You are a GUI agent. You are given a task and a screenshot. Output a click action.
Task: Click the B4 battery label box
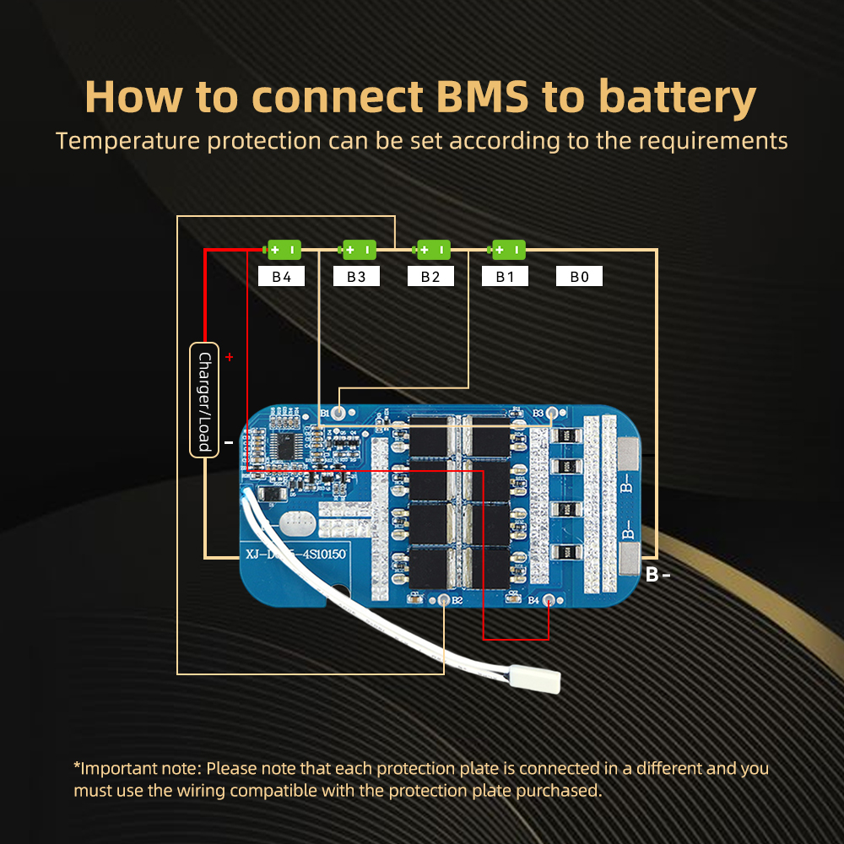[x=281, y=276]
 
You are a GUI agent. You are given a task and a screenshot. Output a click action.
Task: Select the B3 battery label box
[x=356, y=276]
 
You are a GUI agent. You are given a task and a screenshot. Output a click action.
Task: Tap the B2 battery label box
[x=430, y=276]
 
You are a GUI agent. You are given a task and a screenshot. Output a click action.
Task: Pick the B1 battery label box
[x=505, y=276]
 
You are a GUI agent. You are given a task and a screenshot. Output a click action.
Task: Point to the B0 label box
[x=579, y=276]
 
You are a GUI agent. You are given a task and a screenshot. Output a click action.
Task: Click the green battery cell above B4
[x=283, y=250]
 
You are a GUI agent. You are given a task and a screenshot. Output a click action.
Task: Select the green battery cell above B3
[x=358, y=250]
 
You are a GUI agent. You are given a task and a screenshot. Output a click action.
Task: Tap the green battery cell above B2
[x=432, y=250]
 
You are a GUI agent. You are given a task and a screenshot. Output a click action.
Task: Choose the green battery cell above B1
[x=507, y=250]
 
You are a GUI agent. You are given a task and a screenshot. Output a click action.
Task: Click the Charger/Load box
[x=204, y=399]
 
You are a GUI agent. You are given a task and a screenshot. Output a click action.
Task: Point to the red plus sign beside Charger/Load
[x=229, y=357]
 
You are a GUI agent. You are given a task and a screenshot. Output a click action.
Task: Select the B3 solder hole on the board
[x=552, y=414]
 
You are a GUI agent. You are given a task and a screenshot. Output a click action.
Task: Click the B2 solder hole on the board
[x=444, y=600]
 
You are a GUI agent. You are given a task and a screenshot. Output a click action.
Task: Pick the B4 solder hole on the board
[x=549, y=600]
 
